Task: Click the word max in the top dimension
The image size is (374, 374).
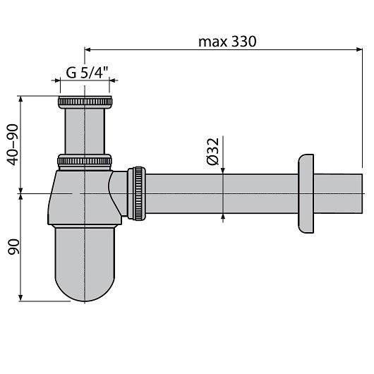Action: pos(211,41)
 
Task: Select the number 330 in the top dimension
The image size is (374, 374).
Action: pos(242,41)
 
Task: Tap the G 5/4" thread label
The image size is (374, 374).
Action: pos(86,71)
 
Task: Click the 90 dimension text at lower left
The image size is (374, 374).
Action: pos(11,246)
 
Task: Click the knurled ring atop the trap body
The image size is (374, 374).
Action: pos(85,162)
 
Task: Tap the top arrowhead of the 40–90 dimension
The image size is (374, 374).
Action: pos(23,99)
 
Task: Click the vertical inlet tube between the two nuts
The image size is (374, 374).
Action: pos(85,131)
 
